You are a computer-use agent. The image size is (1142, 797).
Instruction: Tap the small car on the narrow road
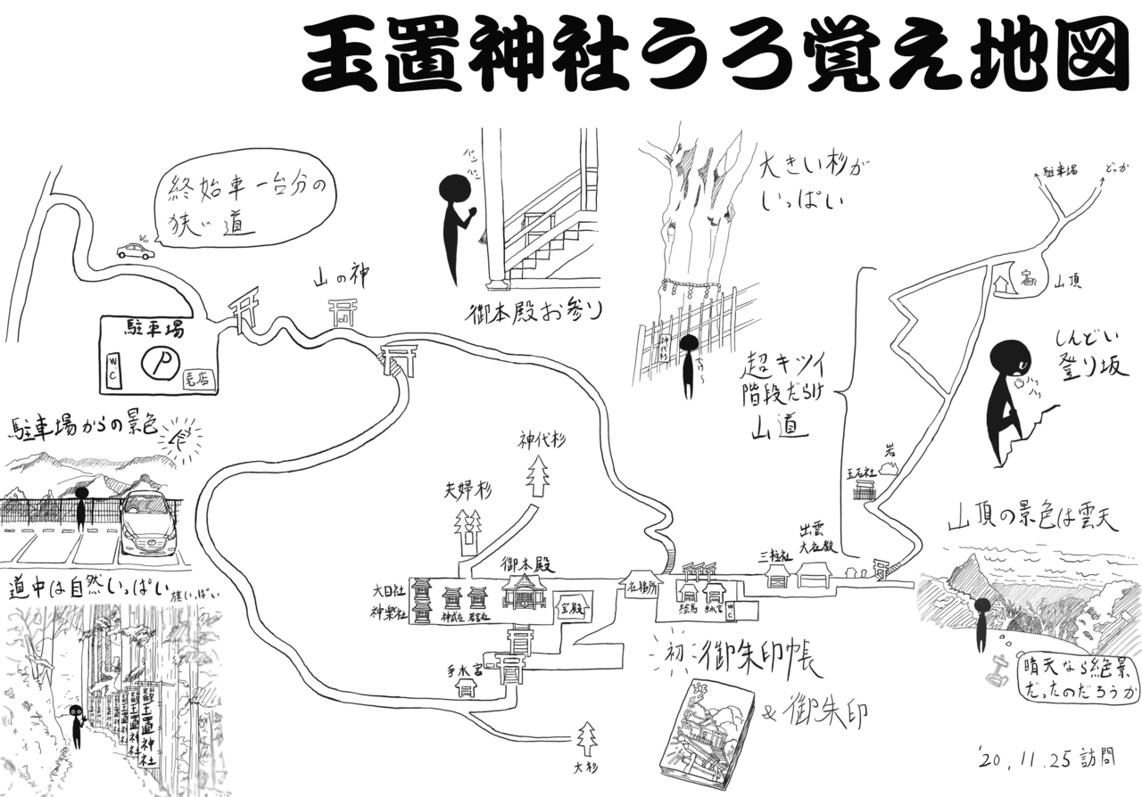coord(135,252)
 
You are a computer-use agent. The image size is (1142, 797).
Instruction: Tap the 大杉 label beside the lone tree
coord(585,766)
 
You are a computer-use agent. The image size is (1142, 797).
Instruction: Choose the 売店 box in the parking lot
coord(194,377)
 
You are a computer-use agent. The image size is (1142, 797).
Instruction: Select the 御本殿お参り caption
coord(535,313)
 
